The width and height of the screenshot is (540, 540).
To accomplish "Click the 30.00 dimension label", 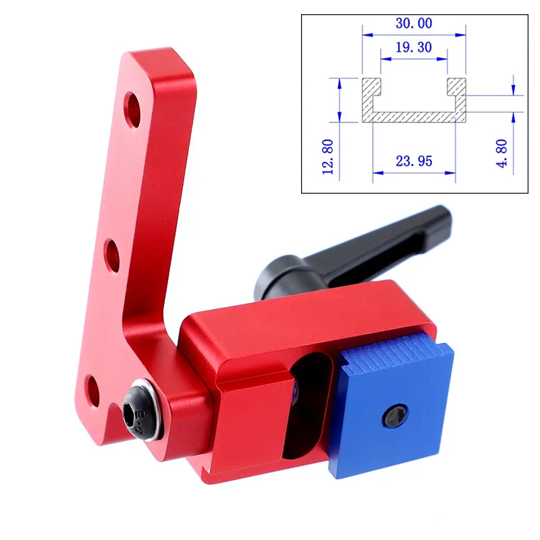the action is click(414, 24).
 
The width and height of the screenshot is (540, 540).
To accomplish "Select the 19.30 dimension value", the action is click(414, 47).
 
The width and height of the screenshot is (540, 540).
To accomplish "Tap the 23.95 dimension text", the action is click(414, 161).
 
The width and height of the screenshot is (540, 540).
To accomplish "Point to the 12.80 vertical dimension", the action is click(327, 157).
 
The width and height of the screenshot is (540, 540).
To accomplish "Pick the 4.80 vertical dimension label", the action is click(502, 153).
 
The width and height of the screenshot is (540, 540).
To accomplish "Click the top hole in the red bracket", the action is click(132, 109).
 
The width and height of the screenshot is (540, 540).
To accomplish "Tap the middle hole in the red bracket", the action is click(113, 256).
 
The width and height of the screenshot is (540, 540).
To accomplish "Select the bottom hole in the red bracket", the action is click(92, 391).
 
